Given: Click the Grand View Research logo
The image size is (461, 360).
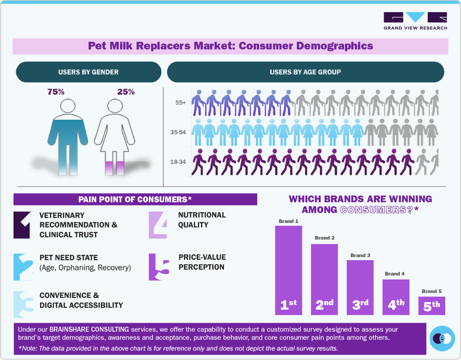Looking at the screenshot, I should coord(415,21).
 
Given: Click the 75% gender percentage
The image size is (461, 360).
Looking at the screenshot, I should coord(56,92).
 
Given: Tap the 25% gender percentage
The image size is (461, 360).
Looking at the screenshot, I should coord(126,92).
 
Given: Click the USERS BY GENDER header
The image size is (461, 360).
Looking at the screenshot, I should coord(88,72).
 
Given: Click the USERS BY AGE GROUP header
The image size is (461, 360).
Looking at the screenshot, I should coord(305,72).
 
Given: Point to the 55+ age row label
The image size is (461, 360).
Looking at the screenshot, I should coord(181,103).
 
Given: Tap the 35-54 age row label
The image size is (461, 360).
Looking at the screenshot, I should coord(179,133).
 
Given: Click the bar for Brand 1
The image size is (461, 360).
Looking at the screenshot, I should coord(288,270).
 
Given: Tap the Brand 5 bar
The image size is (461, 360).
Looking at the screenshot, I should coord(432,306).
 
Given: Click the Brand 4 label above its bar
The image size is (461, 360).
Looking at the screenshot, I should coord(395,274).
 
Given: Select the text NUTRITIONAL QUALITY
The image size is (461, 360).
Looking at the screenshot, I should coord(201,220).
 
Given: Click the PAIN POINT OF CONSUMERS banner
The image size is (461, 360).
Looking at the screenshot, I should coord(135,199).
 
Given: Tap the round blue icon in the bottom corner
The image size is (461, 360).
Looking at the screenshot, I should coord(442,338).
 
